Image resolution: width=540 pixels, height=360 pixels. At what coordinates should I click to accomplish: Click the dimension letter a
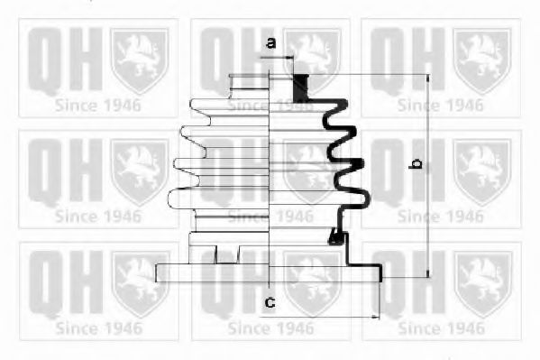(271, 42)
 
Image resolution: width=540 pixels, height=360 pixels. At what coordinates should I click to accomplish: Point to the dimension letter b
(416, 164)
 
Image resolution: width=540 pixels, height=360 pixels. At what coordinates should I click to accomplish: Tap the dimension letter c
(270, 302)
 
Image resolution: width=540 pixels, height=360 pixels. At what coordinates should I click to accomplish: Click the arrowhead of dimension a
(290, 57)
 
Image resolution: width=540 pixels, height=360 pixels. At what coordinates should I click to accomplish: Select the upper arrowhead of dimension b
(428, 78)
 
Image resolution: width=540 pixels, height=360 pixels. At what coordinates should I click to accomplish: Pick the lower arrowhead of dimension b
(428, 273)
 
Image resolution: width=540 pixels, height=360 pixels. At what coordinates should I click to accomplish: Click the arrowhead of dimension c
(375, 317)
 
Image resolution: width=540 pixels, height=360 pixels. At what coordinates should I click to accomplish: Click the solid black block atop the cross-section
(300, 88)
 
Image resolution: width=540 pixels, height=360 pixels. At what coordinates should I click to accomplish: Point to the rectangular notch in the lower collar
(227, 254)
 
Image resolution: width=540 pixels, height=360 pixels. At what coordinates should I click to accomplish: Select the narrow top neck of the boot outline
(249, 87)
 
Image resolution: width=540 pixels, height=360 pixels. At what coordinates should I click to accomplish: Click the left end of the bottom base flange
(156, 273)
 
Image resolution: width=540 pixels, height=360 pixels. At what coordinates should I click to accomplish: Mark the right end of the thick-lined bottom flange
(380, 272)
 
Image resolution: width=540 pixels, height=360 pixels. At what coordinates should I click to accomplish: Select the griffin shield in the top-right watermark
(481, 61)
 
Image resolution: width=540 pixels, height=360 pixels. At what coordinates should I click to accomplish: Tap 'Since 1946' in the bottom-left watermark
(98, 328)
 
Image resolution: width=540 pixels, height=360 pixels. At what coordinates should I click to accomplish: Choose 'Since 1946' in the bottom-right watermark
(442, 328)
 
